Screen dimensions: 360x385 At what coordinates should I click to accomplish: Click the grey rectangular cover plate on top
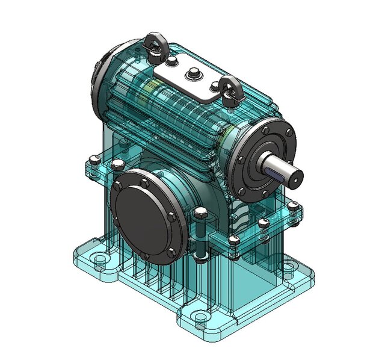pyautogui.click(x=186, y=78)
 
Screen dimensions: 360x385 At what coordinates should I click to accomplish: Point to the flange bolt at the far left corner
pyautogui.click(x=92, y=160)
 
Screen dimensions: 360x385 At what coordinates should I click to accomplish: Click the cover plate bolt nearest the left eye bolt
pyautogui.click(x=173, y=63)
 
